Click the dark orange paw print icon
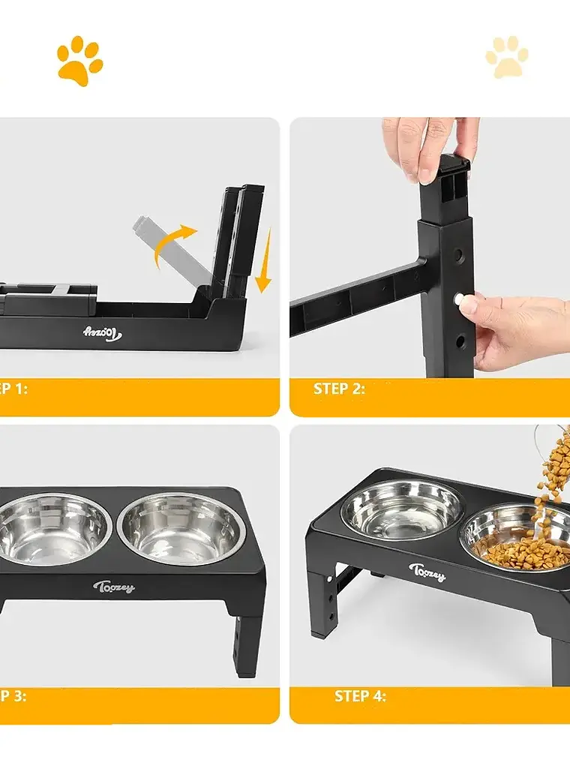pos(79,62)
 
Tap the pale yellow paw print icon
pos(507,58)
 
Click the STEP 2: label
pos(339,389)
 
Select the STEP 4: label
pos(360,696)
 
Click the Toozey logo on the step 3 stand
pos(114,587)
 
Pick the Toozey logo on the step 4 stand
pos(427,572)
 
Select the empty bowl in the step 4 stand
pos(401,510)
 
